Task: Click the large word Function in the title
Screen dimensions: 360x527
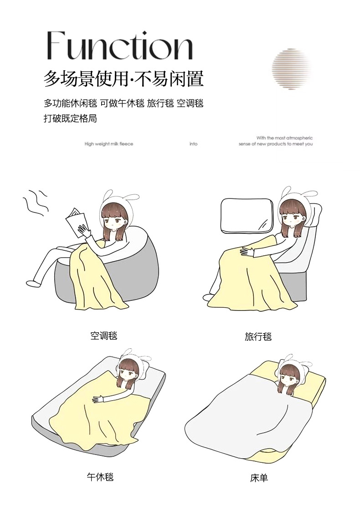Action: (x=119, y=46)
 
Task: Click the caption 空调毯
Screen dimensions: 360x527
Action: (x=104, y=336)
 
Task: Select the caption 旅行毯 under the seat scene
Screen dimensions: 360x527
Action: (x=258, y=336)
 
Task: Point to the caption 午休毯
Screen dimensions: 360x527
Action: (x=100, y=476)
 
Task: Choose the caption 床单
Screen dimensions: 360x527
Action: (x=259, y=478)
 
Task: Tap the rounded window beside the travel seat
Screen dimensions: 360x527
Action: (x=246, y=216)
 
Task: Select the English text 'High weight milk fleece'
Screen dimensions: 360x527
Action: (x=109, y=144)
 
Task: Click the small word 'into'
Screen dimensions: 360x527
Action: (x=193, y=144)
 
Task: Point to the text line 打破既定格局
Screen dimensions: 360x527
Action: (x=70, y=119)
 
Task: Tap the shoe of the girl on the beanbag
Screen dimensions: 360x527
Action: (x=32, y=283)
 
